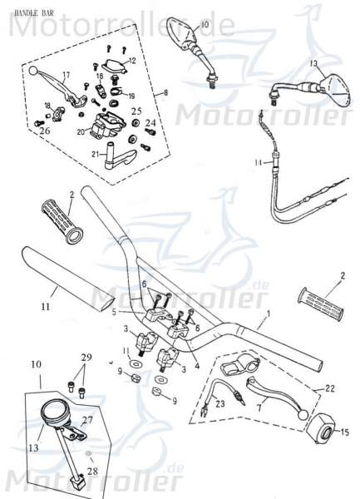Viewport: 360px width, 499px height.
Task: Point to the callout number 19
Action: [x=131, y=96]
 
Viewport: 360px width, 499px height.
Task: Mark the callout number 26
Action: [x=44, y=131]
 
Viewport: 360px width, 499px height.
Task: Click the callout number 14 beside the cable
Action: [x=258, y=161]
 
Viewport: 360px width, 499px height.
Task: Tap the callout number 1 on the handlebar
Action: [x=268, y=316]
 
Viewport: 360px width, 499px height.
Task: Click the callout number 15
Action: [x=346, y=431]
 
